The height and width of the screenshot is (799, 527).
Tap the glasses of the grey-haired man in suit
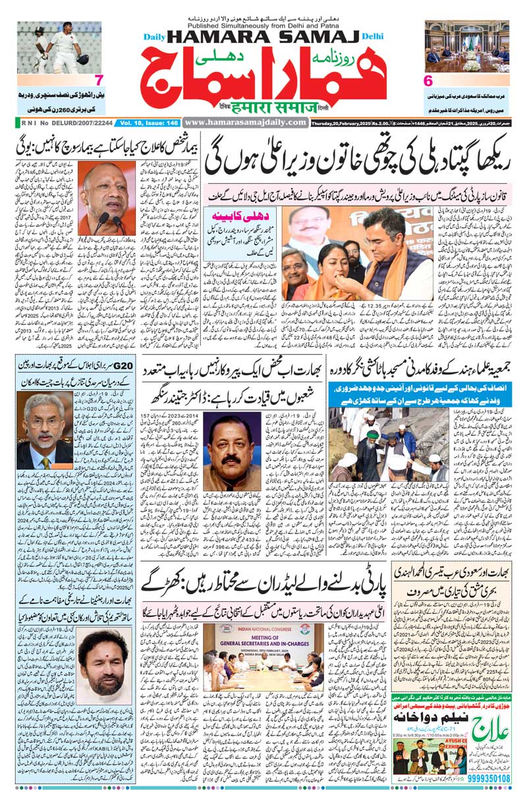(44, 421)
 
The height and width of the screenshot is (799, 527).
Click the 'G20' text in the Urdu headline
(121, 365)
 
